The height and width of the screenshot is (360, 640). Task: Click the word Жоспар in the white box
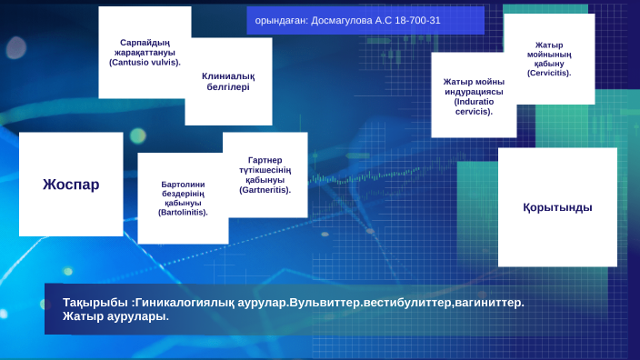pyautogui.click(x=71, y=185)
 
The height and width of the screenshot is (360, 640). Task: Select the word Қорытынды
pyautogui.click(x=557, y=207)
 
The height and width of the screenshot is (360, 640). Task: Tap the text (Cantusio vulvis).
pyautogui.click(x=145, y=63)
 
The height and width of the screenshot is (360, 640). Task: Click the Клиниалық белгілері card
pyautogui.click(x=228, y=82)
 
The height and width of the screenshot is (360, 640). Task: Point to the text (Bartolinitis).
pyautogui.click(x=183, y=212)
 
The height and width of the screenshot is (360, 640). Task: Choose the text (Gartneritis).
pyautogui.click(x=265, y=190)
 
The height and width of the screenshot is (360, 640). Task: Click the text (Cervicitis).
pyautogui.click(x=549, y=73)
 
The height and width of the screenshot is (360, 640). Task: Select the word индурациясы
pyautogui.click(x=474, y=92)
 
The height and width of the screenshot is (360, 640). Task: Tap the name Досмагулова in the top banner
pyautogui.click(x=349, y=20)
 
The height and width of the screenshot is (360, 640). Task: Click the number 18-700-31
pyautogui.click(x=417, y=20)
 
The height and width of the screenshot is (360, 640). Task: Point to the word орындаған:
pyautogui.click(x=282, y=20)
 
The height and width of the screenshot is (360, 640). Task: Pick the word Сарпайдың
pyautogui.click(x=145, y=42)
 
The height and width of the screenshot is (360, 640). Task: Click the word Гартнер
pyautogui.click(x=265, y=160)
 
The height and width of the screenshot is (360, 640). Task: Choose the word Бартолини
pyautogui.click(x=183, y=184)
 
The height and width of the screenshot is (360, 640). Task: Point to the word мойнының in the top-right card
pyautogui.click(x=549, y=54)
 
